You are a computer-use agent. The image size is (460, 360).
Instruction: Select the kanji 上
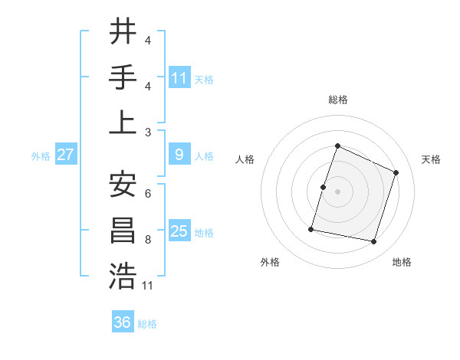(x=123, y=123)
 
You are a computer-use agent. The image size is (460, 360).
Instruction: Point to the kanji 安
(x=123, y=184)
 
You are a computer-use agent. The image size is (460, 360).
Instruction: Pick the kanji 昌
(x=123, y=230)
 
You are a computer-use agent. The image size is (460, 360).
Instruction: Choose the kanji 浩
(x=123, y=276)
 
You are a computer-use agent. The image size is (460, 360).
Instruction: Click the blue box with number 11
(x=179, y=77)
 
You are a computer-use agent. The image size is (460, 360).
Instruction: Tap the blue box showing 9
(x=179, y=155)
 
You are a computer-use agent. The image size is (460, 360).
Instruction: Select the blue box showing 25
(x=179, y=231)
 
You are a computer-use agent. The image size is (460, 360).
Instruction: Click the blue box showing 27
(x=66, y=155)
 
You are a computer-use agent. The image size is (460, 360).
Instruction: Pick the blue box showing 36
(x=123, y=322)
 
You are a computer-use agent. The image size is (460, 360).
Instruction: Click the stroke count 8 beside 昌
(x=148, y=240)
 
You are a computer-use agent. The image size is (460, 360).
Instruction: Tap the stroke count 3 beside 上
(x=148, y=131)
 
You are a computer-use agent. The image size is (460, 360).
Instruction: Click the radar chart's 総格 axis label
(x=337, y=100)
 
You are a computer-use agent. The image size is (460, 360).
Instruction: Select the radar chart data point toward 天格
(x=396, y=172)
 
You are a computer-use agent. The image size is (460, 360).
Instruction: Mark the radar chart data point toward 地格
(x=374, y=242)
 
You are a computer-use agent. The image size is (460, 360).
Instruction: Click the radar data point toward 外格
(x=311, y=228)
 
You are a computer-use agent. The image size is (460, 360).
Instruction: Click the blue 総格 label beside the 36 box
(x=147, y=324)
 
